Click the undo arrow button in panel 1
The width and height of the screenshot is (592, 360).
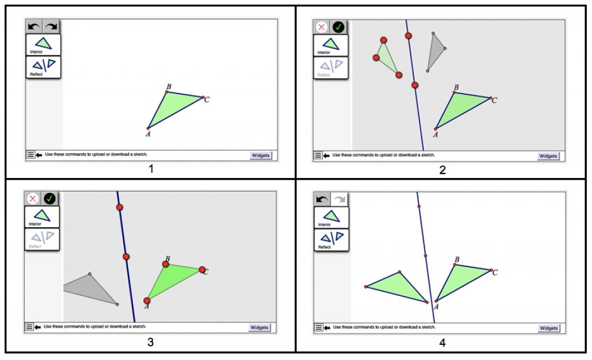[x=34, y=27]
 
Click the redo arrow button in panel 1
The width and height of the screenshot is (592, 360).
[x=51, y=27]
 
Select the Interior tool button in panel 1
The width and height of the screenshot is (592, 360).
[x=43, y=44]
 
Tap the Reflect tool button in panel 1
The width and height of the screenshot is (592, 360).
[x=43, y=67]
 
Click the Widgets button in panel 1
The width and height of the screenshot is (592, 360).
[x=261, y=155]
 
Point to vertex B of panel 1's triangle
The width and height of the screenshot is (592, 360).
[x=167, y=92]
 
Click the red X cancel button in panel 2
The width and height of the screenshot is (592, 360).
[x=322, y=27]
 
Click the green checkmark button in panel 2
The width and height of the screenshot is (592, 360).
[x=338, y=27]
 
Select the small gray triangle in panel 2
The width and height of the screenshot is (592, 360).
[x=435, y=52]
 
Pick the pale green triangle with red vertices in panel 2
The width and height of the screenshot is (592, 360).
[x=386, y=58]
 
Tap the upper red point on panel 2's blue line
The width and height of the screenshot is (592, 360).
[x=408, y=36]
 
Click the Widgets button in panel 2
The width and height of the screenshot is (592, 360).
[x=547, y=156]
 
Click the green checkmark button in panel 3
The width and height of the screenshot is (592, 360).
[x=50, y=198]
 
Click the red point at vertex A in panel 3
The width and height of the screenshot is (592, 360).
[x=147, y=300]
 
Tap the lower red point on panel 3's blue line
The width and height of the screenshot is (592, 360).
[x=125, y=257]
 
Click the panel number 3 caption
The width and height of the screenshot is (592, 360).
[x=150, y=342]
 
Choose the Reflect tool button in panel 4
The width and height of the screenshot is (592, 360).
[x=331, y=239]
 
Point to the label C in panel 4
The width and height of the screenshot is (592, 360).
[x=495, y=272]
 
